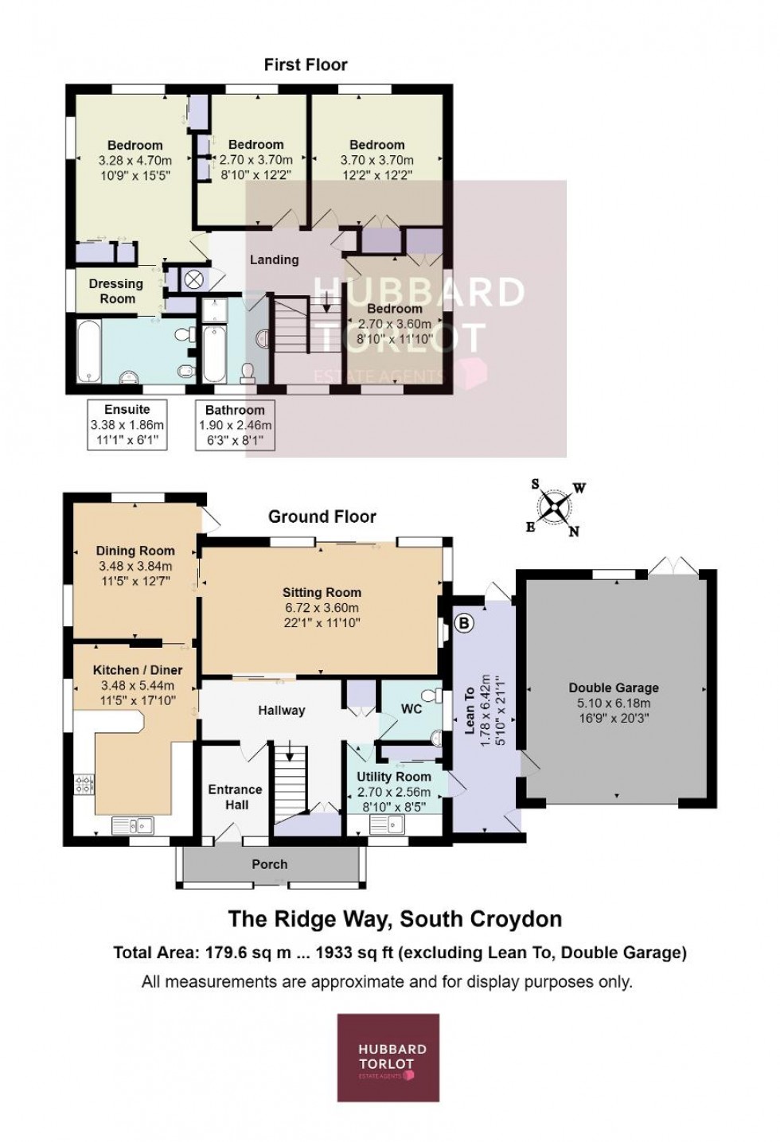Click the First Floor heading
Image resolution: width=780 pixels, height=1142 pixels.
point(306,64)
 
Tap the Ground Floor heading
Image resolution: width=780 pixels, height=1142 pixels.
point(322,516)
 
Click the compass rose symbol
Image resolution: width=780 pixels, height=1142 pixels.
point(556,508)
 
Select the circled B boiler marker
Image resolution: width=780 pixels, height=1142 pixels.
point(464,622)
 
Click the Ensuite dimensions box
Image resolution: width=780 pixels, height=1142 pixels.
point(127,424)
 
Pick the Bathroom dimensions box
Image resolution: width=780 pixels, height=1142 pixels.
point(235,424)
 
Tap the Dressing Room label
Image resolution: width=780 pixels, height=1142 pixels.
point(116,291)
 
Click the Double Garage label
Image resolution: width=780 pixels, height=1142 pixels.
point(613,688)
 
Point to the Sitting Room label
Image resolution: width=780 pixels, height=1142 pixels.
point(322,592)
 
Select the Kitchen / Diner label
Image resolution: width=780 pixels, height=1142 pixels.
point(138,670)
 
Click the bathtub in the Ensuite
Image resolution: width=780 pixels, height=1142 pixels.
point(88,349)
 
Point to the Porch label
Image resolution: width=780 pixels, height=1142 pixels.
point(270,864)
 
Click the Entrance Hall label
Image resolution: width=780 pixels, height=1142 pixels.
point(235,797)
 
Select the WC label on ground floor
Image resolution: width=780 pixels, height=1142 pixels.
point(411,708)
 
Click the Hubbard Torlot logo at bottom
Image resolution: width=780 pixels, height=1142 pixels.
point(388,1057)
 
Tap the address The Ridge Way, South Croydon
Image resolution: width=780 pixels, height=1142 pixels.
point(395,919)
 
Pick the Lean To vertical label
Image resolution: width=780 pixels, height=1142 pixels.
point(470,710)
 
